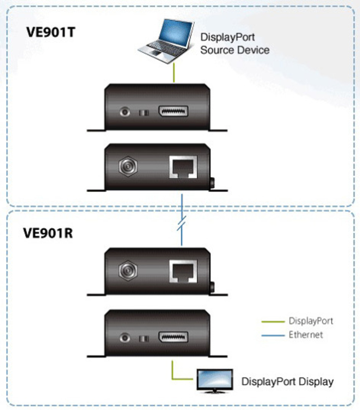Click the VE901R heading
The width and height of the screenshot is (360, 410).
tap(48, 233)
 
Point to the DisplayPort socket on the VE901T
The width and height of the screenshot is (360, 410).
tap(173, 112)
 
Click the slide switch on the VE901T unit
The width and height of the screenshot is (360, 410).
tap(144, 113)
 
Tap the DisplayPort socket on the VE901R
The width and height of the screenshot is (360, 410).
tap(173, 338)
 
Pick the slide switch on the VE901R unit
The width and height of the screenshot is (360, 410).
tap(144, 339)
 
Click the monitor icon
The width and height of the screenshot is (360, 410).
tap(215, 380)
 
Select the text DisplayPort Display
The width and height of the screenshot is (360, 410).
tap(287, 381)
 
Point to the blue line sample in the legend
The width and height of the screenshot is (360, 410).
tap(273, 335)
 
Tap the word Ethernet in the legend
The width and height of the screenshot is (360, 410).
tap(306, 335)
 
